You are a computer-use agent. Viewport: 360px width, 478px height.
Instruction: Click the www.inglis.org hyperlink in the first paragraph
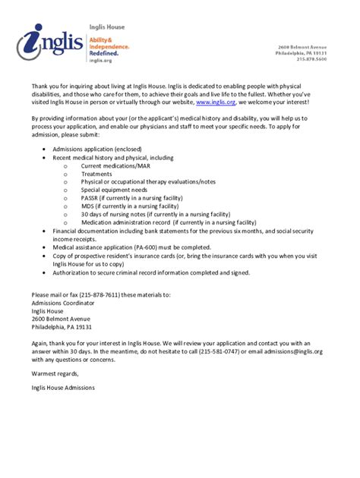[x=216, y=101]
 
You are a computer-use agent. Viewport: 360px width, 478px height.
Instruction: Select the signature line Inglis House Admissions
[x=64, y=388]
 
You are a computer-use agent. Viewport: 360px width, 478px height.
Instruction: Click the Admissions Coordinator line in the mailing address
[x=64, y=302]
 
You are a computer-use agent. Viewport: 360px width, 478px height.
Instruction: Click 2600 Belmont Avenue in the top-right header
[x=302, y=47]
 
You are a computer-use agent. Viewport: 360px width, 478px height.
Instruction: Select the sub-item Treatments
[x=96, y=173]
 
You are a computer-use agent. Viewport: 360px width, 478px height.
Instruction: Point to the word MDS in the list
[x=88, y=206]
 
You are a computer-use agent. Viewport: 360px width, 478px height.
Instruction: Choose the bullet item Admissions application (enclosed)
[x=97, y=149]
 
